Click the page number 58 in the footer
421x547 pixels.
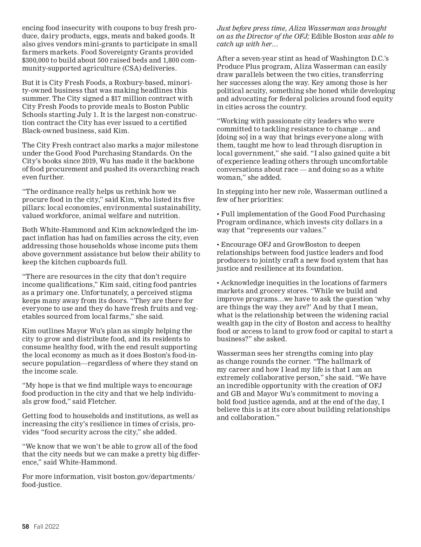pyautogui.click(x=25, y=527)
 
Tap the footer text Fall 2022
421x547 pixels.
pyautogui.click(x=47, y=527)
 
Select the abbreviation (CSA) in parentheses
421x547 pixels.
pyautogui.click(x=122, y=68)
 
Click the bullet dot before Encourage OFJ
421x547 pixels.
pyautogui.click(x=218, y=245)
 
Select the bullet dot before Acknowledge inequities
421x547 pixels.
pyautogui.click(x=218, y=283)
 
